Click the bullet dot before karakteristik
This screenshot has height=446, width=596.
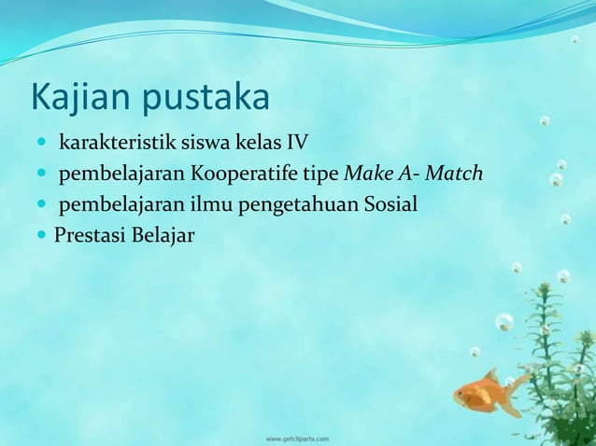(x=45, y=144)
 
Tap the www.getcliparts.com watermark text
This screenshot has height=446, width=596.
(x=297, y=437)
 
